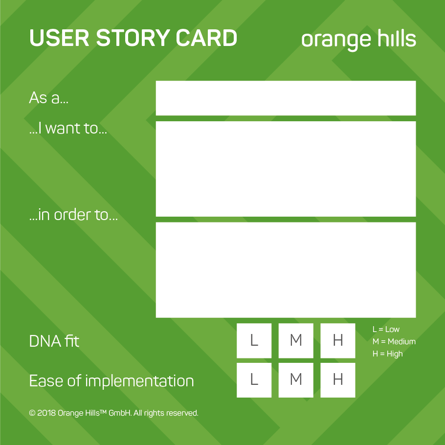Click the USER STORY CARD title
(133, 39)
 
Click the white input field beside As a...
(286, 98)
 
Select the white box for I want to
(286, 169)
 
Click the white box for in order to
(286, 270)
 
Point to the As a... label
(49, 97)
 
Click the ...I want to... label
(68, 130)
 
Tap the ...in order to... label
(73, 215)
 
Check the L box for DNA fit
(254, 340)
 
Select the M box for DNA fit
(296, 340)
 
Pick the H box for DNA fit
(337, 340)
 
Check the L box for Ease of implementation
(254, 380)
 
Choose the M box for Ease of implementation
(296, 380)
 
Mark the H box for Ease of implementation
(337, 380)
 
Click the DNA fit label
(54, 341)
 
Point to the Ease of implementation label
(111, 381)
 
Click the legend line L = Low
(386, 329)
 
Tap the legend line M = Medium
(394, 341)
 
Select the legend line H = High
(387, 354)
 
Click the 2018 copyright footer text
(113, 413)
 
